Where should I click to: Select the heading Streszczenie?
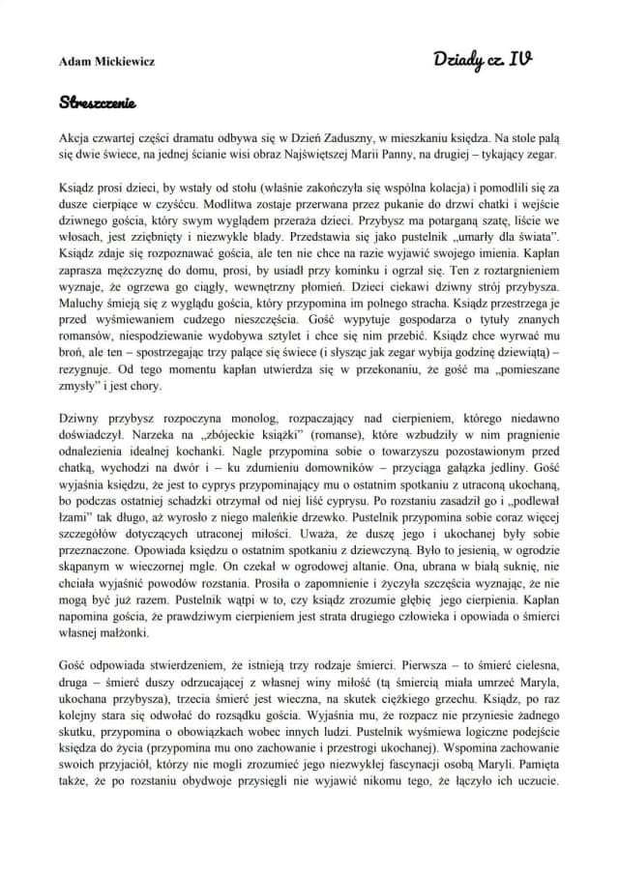pyautogui.click(x=97, y=100)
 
